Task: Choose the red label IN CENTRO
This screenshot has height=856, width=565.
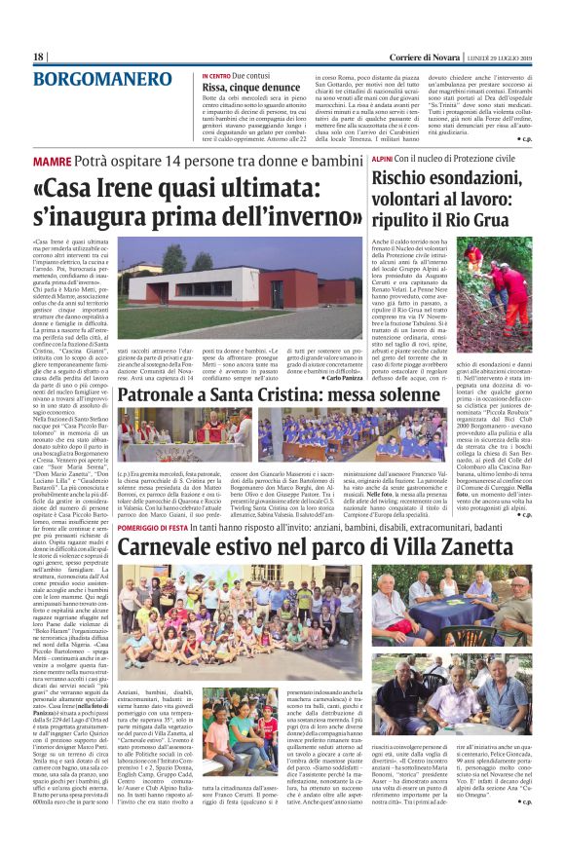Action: (x=216, y=75)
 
